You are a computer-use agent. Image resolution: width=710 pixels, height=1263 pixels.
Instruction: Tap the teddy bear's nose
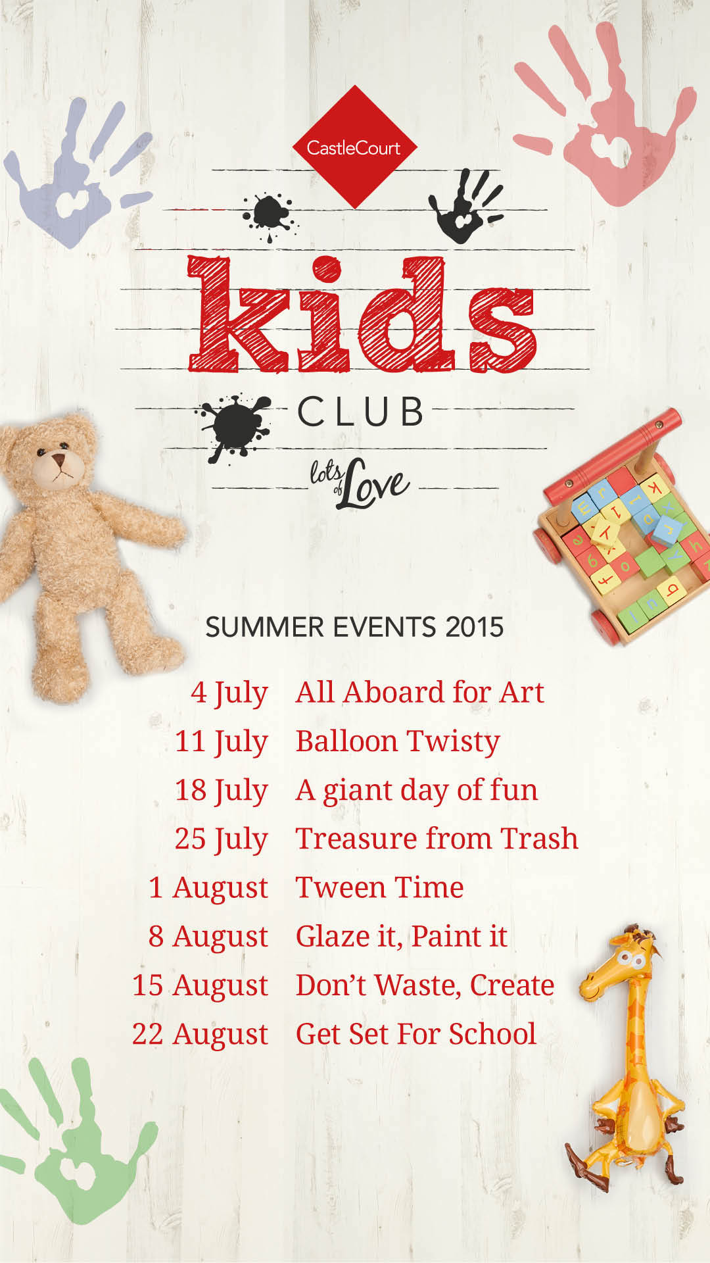pos(59,458)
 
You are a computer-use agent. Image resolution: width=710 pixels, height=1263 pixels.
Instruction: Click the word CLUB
pos(360,412)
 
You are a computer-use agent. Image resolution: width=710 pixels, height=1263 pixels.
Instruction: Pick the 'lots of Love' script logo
pos(359,484)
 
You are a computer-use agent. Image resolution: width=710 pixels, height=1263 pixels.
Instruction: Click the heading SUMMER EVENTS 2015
pos(354,627)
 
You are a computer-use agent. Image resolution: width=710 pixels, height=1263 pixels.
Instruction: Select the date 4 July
pos(229,693)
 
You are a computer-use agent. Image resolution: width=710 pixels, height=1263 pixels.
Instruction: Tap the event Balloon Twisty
pos(398,742)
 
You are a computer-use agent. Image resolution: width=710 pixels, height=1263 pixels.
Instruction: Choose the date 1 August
pos(208,889)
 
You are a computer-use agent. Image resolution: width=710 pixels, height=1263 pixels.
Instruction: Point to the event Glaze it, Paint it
pos(401,937)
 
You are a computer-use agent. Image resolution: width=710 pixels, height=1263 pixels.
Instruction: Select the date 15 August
pos(201,986)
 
